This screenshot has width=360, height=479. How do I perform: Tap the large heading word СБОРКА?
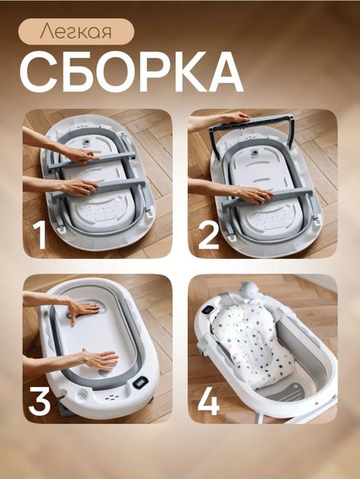pyautogui.click(x=131, y=71)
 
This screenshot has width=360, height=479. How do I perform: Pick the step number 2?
pyautogui.click(x=208, y=235)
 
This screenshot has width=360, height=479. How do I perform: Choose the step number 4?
pyautogui.click(x=208, y=400)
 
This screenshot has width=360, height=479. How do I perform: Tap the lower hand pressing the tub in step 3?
pyautogui.click(x=98, y=358)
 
